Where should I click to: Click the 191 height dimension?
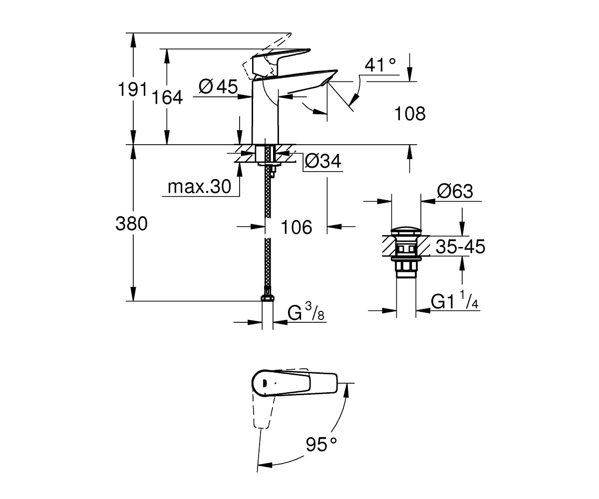[132, 89]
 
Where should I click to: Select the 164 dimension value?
[167, 97]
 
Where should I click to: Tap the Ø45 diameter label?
[218, 86]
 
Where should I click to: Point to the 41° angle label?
[380, 65]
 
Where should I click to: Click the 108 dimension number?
[410, 113]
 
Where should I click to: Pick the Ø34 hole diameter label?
[323, 161]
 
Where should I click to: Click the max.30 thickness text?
[199, 187]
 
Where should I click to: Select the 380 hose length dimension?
[132, 224]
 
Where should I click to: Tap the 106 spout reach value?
[297, 228]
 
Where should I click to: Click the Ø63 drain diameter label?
[455, 191]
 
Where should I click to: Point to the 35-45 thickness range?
[460, 247]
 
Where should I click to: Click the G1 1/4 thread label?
[455, 300]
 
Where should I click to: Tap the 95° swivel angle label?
[321, 445]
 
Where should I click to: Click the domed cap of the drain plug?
[406, 232]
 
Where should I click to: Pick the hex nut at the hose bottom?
[268, 298]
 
